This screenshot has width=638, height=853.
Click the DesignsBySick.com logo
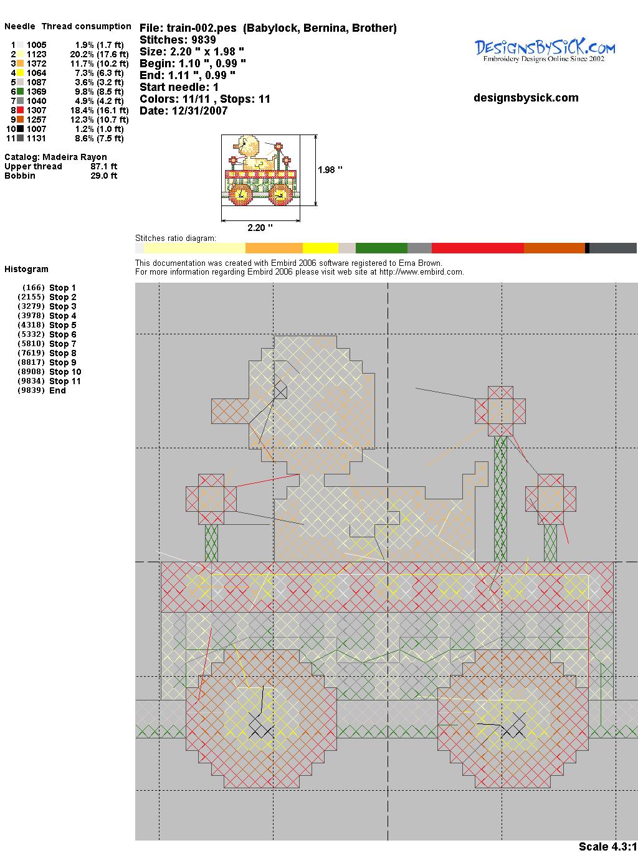tap(545, 51)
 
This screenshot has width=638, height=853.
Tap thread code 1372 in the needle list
tap(37, 64)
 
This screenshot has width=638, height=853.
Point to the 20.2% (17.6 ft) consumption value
tap(99, 54)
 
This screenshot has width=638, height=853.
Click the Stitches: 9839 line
tap(178, 40)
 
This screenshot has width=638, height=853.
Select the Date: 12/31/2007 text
tap(184, 111)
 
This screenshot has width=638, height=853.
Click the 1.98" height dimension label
tap(330, 170)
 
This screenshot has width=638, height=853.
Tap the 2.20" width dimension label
tap(260, 228)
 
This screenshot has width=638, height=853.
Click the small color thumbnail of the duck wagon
tap(260, 170)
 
